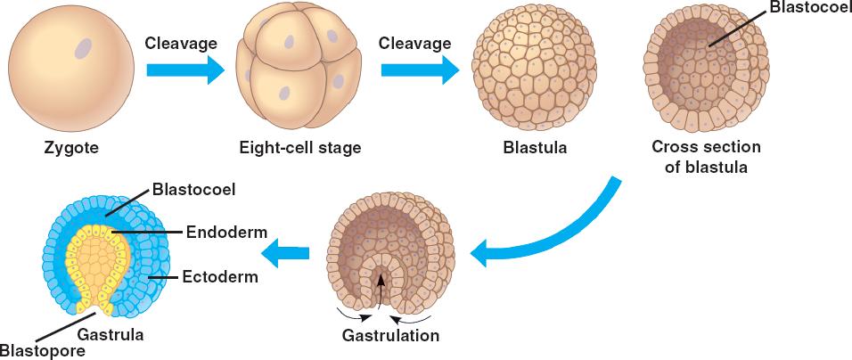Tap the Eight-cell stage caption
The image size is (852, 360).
tap(299, 148)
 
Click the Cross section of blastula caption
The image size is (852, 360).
tap(706, 156)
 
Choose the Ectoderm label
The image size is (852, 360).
tap(220, 277)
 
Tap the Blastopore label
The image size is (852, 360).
tap(43, 350)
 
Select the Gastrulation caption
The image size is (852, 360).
tap(390, 336)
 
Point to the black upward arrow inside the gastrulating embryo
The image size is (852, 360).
tap(381, 289)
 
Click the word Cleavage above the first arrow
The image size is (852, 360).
tap(180, 41)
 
